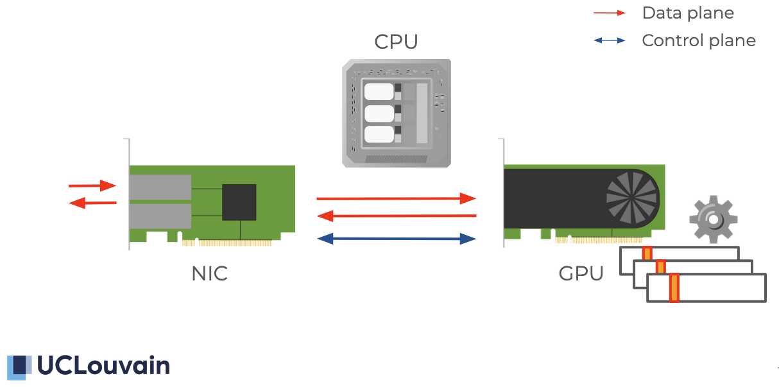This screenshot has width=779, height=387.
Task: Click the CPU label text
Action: click(396, 42)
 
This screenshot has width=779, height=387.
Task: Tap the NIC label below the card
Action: click(209, 273)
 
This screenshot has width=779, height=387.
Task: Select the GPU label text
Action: click(581, 273)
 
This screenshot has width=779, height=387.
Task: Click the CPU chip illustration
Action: click(396, 113)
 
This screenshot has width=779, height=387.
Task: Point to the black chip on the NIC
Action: click(239, 202)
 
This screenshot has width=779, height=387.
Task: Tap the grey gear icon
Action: click(713, 219)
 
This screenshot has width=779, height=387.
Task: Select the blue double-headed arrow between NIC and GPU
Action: click(397, 239)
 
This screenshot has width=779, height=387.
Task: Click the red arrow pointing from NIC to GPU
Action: click(397, 198)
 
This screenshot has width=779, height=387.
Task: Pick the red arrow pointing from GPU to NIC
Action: click(397, 216)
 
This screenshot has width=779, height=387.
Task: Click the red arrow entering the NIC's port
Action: click(92, 186)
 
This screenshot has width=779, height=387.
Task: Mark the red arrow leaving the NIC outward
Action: click(92, 203)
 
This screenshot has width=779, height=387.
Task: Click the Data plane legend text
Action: click(688, 13)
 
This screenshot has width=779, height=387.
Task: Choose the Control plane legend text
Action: click(699, 40)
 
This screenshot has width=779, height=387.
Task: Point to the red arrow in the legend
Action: click(609, 13)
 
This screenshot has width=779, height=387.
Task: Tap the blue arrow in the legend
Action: click(609, 40)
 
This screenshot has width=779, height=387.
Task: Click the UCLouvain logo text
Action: click(103, 365)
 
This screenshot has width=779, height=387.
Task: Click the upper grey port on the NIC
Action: click(160, 187)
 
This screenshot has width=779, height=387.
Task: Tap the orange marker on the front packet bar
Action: click(674, 288)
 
